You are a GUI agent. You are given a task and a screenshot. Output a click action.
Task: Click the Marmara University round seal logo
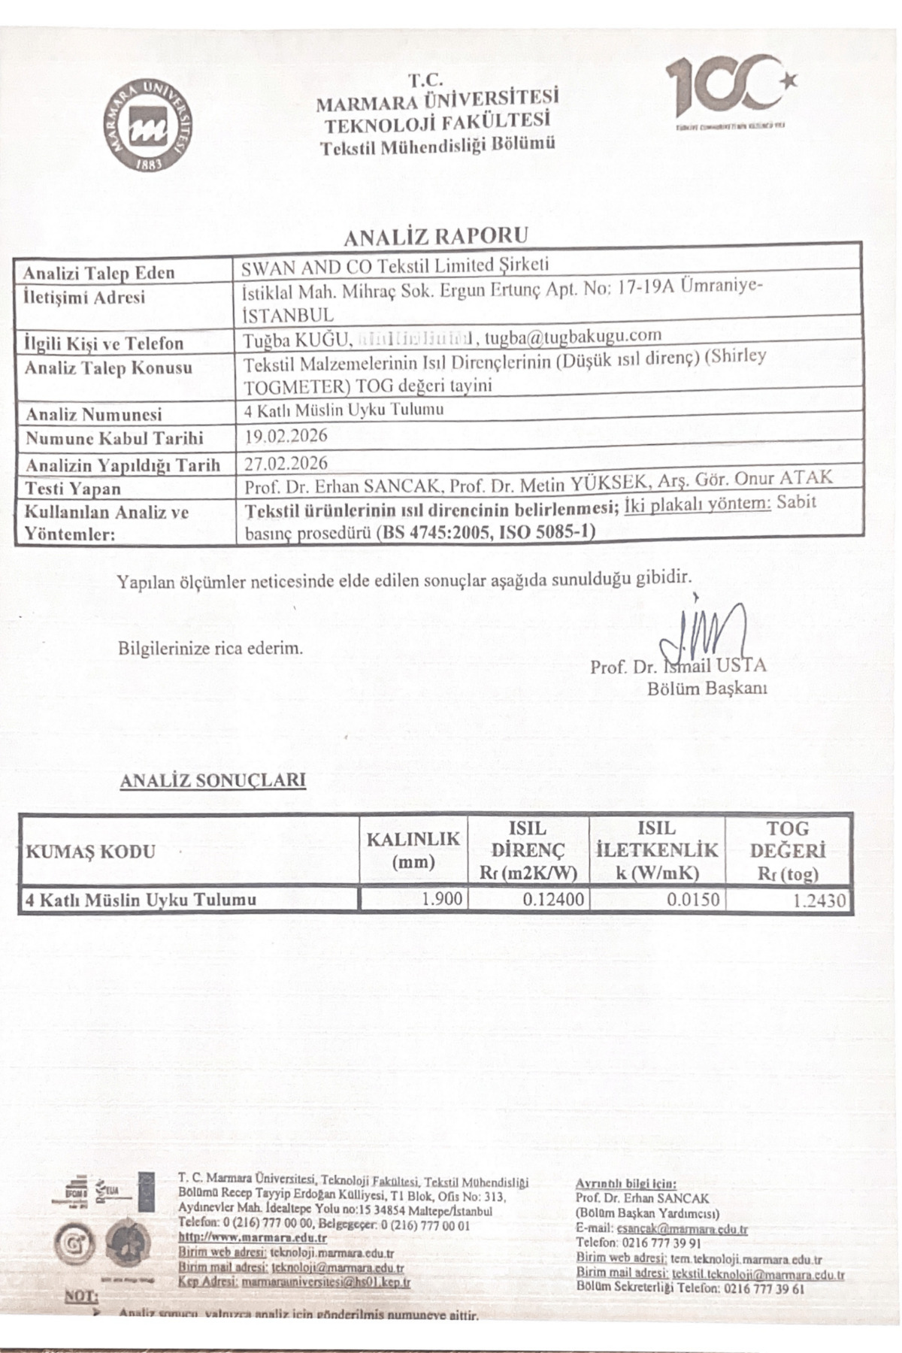click(x=147, y=126)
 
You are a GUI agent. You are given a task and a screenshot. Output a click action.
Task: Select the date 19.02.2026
click(x=286, y=435)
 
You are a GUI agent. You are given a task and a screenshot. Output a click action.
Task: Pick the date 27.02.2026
click(x=286, y=462)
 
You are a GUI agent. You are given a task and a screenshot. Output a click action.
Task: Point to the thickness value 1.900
click(x=443, y=898)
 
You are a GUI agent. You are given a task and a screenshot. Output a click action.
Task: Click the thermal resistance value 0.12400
click(x=553, y=899)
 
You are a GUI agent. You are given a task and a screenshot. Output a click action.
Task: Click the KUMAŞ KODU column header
click(x=91, y=852)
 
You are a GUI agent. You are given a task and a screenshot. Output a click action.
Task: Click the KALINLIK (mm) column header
click(x=413, y=850)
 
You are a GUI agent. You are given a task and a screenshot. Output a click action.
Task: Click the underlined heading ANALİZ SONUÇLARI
click(x=213, y=780)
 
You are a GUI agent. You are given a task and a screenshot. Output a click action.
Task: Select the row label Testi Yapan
click(x=72, y=489)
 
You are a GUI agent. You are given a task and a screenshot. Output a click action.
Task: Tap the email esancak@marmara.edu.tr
click(x=682, y=1230)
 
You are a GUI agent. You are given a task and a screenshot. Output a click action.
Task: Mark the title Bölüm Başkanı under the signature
click(x=707, y=689)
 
